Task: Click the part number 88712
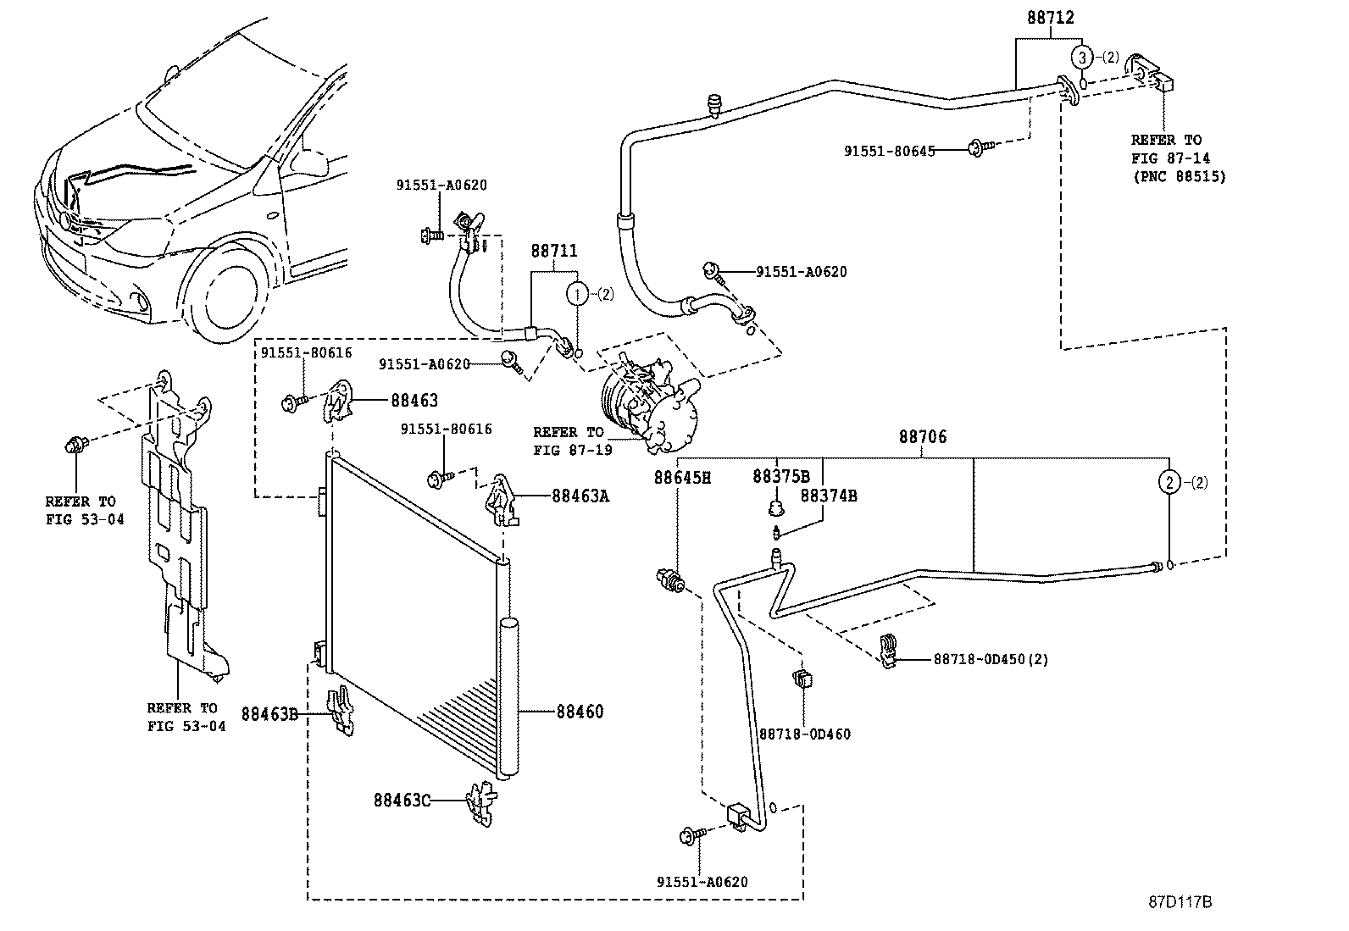[x=1050, y=18]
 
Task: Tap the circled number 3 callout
[x=1082, y=58]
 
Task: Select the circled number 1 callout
[x=577, y=294]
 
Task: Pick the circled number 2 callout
[x=1169, y=482]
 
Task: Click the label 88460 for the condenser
[x=580, y=712]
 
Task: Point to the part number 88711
[x=553, y=251]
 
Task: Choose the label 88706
[x=923, y=436]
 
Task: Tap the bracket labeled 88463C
[x=482, y=804]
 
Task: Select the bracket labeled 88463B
[x=341, y=712]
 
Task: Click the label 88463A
[x=580, y=496]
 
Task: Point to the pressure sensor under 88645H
[x=669, y=579]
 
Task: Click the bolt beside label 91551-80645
[x=980, y=147]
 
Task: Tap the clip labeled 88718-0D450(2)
[x=888, y=651]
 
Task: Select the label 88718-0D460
[x=805, y=734]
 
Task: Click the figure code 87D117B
[x=1180, y=901]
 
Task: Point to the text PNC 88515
[x=1180, y=177]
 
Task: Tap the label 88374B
[x=828, y=496]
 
